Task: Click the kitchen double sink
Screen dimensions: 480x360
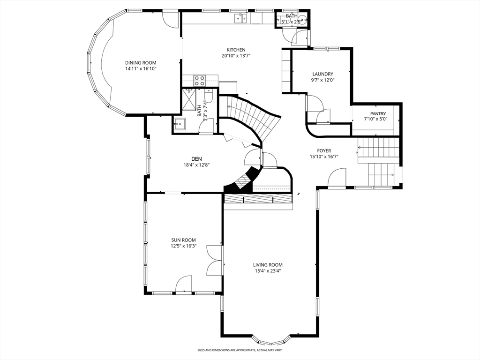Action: click(x=241, y=18)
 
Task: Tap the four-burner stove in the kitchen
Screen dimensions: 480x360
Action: click(x=200, y=81)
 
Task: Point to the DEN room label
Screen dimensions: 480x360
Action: click(x=196, y=159)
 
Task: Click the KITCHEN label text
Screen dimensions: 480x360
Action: click(x=236, y=50)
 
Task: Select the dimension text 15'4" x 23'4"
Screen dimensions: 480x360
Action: click(x=268, y=271)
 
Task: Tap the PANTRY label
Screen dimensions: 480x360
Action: click(x=378, y=113)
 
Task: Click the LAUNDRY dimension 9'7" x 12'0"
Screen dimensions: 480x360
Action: click(x=322, y=80)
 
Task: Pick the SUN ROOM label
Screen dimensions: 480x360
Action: click(x=183, y=240)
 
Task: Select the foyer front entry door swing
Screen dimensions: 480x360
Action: click(x=337, y=177)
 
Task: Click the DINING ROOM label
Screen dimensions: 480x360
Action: click(x=141, y=63)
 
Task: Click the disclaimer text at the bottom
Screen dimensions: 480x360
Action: click(x=240, y=350)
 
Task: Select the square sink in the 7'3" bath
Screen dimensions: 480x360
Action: click(x=180, y=124)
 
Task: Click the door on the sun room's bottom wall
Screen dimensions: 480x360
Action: click(x=184, y=284)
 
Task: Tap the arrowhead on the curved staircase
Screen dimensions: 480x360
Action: click(x=228, y=106)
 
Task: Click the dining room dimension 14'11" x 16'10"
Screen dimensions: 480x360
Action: click(x=141, y=69)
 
